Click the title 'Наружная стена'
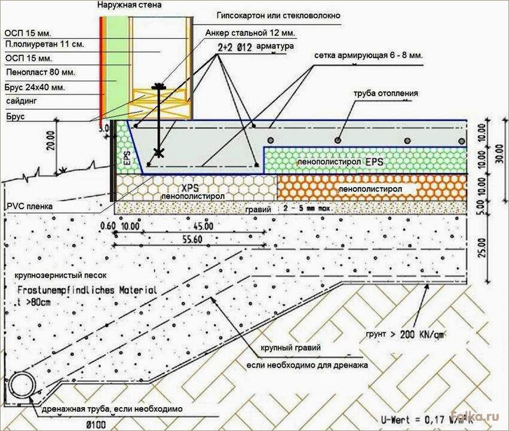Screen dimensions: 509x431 (x=130, y=5)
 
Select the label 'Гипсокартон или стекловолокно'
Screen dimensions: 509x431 (x=278, y=16)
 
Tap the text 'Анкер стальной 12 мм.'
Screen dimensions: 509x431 (x=250, y=33)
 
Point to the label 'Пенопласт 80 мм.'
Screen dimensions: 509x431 (x=41, y=72)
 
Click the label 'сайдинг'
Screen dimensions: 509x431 (x=22, y=101)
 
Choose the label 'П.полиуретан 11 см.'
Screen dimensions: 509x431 (x=44, y=44)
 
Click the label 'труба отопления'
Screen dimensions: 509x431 (x=386, y=93)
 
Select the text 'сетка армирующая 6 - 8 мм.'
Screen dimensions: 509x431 (x=369, y=56)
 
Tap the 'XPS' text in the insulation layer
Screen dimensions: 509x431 (x=190, y=188)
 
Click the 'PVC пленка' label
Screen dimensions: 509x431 (x=29, y=206)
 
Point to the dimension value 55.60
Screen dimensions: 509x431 (x=192, y=239)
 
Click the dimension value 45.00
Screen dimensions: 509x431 (x=203, y=226)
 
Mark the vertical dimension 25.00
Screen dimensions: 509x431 (x=482, y=247)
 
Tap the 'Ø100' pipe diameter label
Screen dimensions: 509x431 (x=96, y=424)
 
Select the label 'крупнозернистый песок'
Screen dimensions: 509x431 (x=60, y=276)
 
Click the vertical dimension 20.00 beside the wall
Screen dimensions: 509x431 (x=51, y=141)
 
